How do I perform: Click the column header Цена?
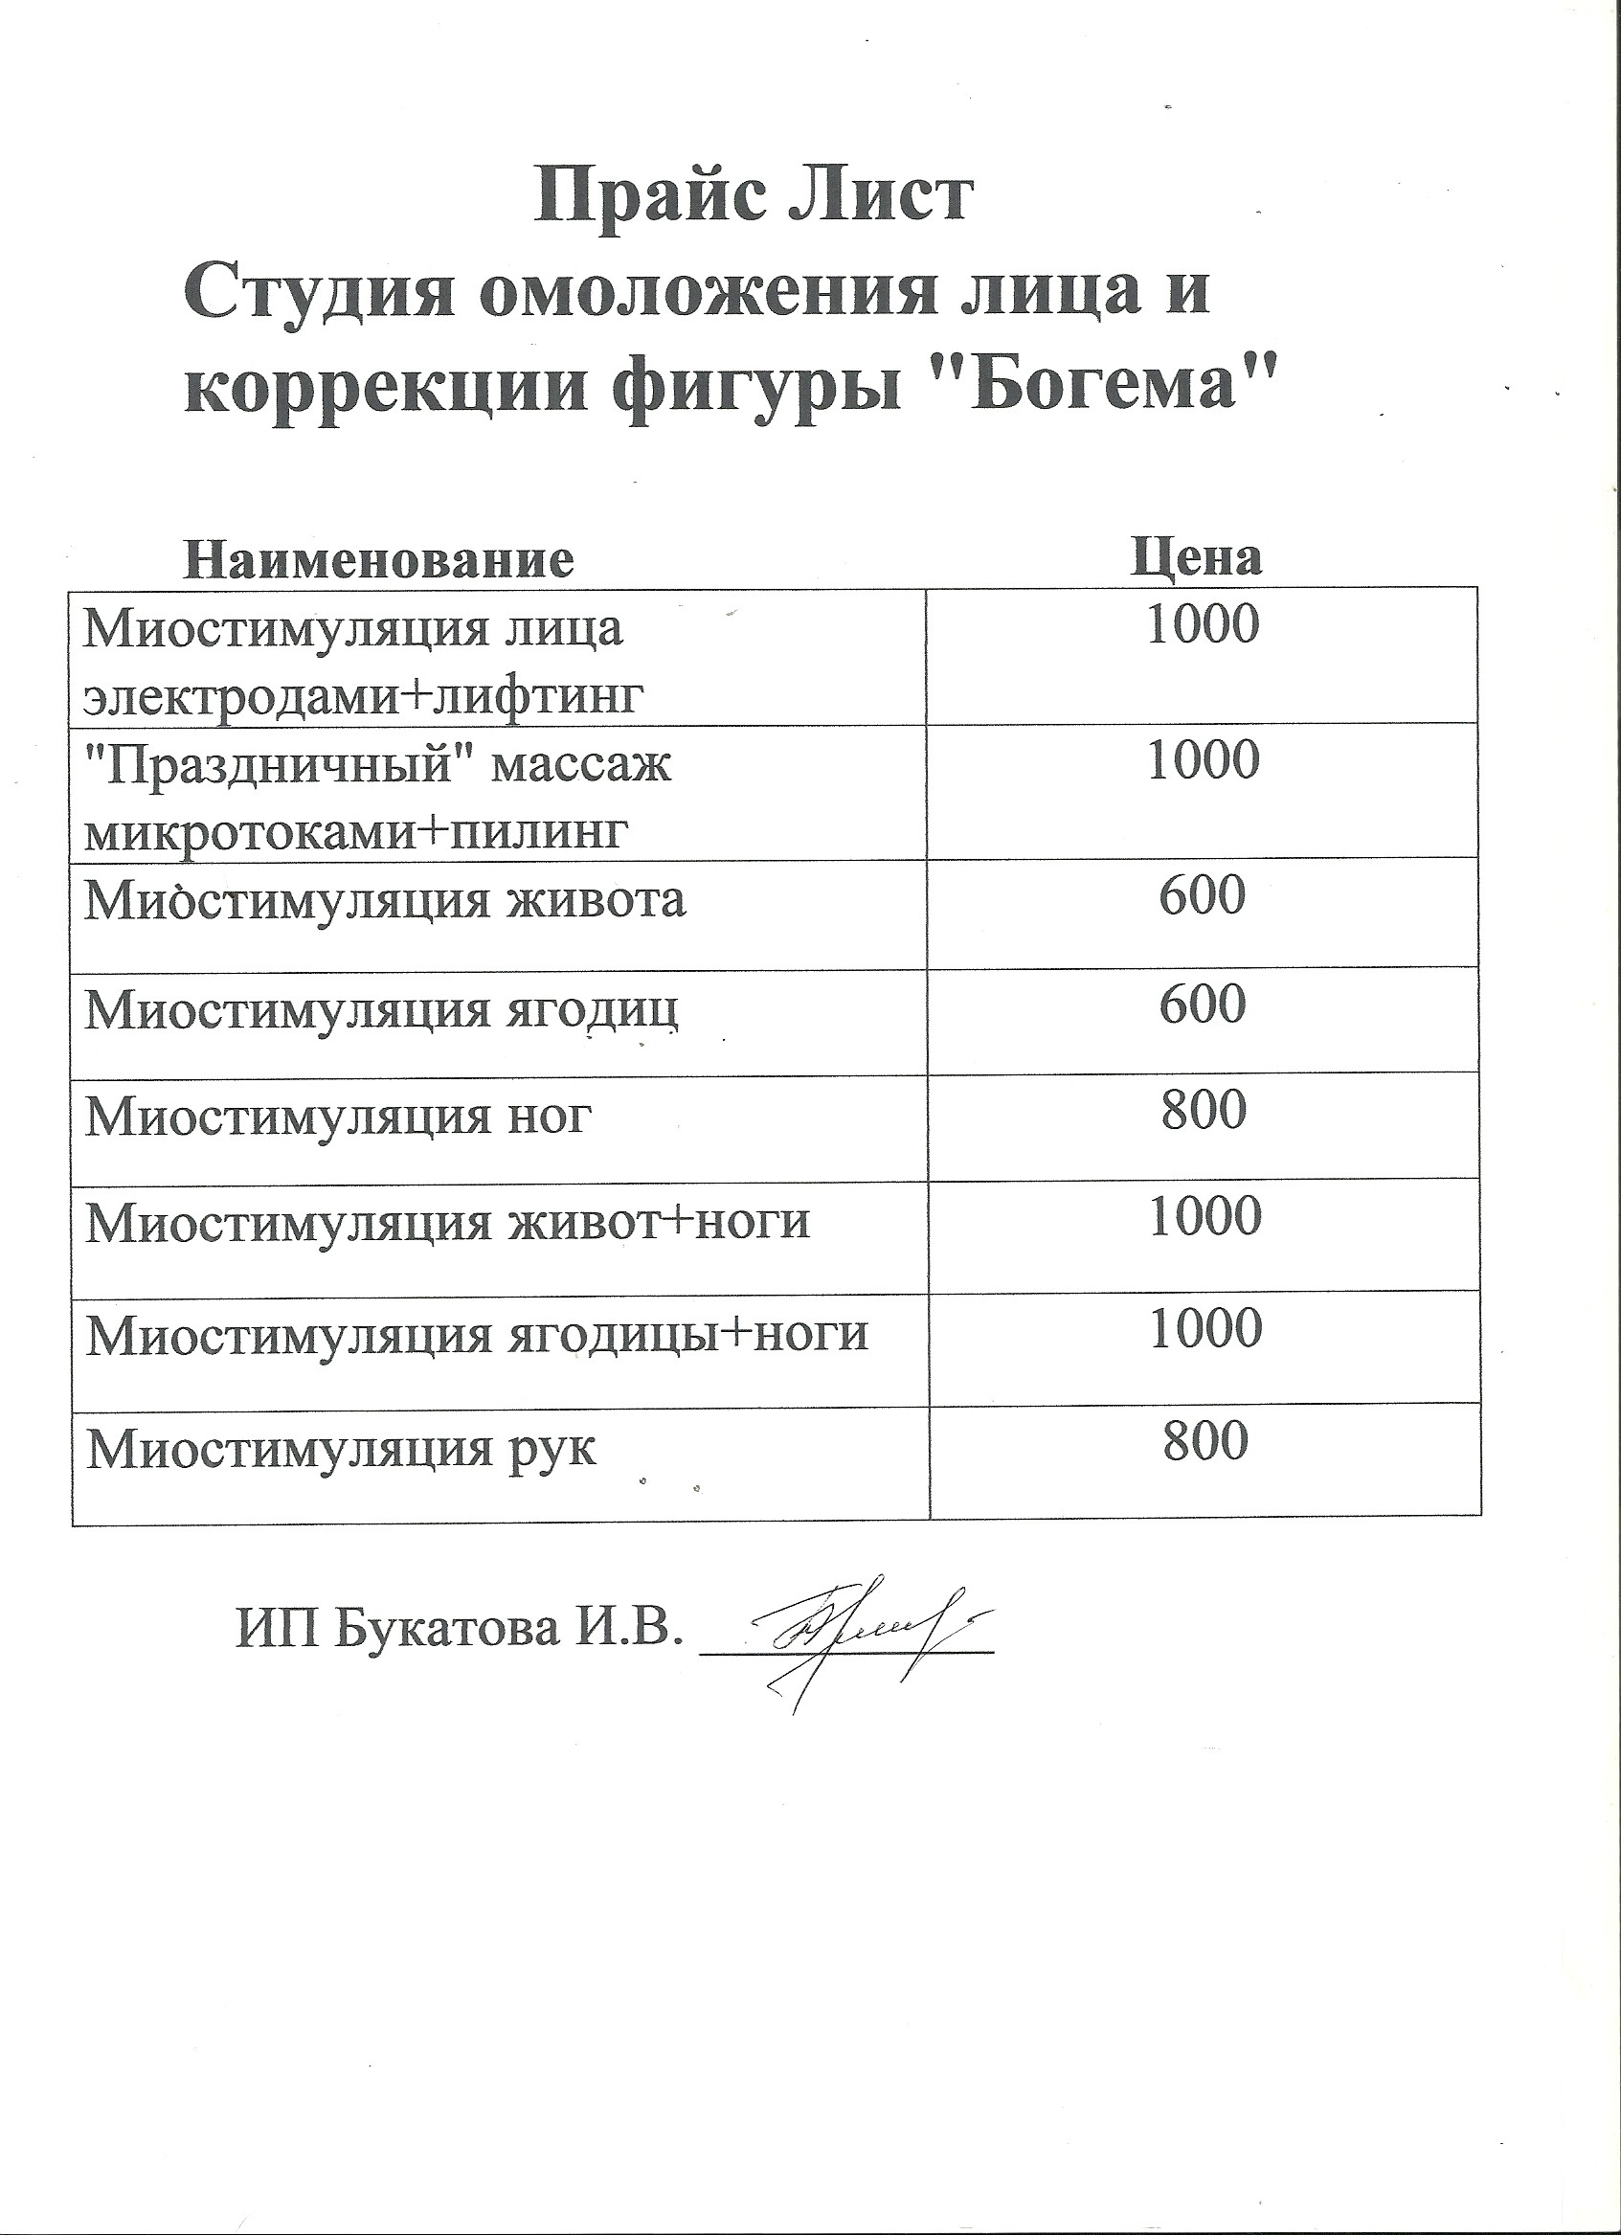(x=1196, y=556)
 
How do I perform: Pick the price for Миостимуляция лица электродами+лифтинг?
(x=1204, y=625)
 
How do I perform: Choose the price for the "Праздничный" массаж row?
(x=1204, y=761)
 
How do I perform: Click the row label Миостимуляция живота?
(x=384, y=901)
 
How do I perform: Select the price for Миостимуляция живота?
(x=1203, y=895)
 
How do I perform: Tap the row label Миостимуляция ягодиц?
(x=381, y=1010)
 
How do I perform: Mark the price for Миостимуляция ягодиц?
(x=1203, y=1005)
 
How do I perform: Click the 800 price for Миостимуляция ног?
(x=1204, y=1111)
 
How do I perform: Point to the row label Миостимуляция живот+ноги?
(x=447, y=1223)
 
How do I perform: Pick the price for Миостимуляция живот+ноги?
(x=1205, y=1217)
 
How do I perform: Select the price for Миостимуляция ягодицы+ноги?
(x=1205, y=1329)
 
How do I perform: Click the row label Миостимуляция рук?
(x=341, y=1450)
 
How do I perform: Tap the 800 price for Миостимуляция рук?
(x=1205, y=1442)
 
